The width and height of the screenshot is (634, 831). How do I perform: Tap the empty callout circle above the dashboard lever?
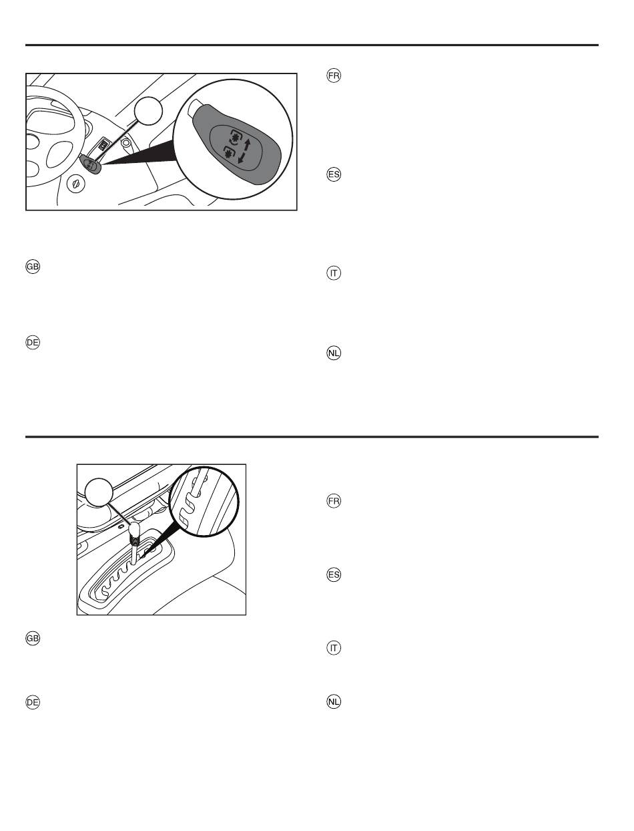(x=148, y=110)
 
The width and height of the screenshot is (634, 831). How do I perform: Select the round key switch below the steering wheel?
(x=75, y=184)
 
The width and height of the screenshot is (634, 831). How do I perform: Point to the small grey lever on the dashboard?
(x=91, y=164)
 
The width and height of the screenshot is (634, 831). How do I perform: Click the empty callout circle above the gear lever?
(x=99, y=492)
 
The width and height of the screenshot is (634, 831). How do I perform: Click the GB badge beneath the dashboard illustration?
(x=33, y=267)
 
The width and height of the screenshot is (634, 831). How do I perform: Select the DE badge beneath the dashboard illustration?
(x=33, y=342)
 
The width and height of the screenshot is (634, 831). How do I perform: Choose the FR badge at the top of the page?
(x=334, y=75)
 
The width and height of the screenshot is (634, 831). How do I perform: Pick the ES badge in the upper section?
(x=334, y=174)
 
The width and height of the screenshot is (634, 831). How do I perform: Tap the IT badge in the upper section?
(x=334, y=273)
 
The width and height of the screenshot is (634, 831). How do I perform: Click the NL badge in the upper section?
(x=334, y=353)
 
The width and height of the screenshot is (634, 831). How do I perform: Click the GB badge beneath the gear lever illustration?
(x=33, y=639)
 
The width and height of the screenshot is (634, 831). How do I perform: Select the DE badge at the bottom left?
(x=33, y=702)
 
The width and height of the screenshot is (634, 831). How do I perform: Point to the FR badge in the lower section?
(x=334, y=501)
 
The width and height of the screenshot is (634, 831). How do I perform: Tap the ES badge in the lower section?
(x=334, y=574)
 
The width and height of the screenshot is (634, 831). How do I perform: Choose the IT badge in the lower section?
(x=334, y=648)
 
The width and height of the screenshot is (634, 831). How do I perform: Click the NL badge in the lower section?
(x=334, y=701)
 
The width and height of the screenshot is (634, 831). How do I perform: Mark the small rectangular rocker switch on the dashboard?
(x=103, y=146)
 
